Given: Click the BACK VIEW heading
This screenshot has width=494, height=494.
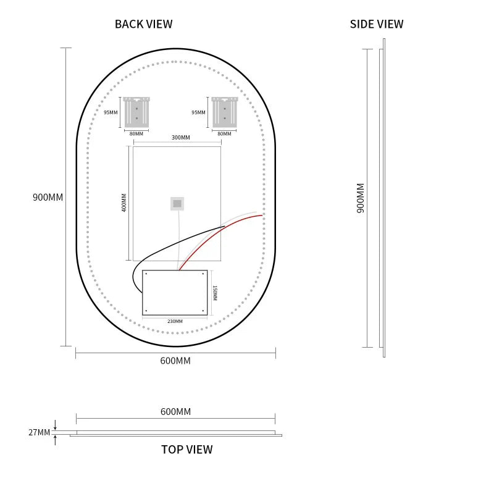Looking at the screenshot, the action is [x=143, y=24].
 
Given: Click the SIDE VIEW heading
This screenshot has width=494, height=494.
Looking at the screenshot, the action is [x=377, y=24].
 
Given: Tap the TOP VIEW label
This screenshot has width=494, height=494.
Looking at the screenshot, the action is [x=187, y=450].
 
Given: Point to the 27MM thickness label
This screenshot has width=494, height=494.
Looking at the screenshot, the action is [x=39, y=432].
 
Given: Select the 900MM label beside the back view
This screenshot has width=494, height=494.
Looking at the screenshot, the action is [x=48, y=197].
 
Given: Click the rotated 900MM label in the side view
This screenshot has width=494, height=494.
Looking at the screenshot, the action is [x=361, y=198].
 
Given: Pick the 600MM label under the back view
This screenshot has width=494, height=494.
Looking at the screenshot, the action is [x=175, y=361].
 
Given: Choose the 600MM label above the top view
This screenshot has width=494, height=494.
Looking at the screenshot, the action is [x=175, y=412].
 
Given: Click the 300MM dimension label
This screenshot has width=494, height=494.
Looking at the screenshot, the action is [x=181, y=138].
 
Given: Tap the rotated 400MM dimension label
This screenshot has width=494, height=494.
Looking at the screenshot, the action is [x=124, y=203].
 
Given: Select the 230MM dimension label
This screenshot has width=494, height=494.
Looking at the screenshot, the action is [x=175, y=321].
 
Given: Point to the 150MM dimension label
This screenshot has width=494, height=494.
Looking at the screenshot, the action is [x=214, y=293].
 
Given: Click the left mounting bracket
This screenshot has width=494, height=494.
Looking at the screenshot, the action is [x=136, y=112].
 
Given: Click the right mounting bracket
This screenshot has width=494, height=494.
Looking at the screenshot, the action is [x=225, y=112].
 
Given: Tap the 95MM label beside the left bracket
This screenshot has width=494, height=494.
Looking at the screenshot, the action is [x=111, y=112].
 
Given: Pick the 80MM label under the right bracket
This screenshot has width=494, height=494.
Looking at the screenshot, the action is [x=224, y=134].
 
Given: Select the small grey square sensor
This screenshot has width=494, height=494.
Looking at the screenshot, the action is [x=177, y=204].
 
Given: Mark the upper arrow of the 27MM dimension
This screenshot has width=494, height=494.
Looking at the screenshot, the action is [x=55, y=425].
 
